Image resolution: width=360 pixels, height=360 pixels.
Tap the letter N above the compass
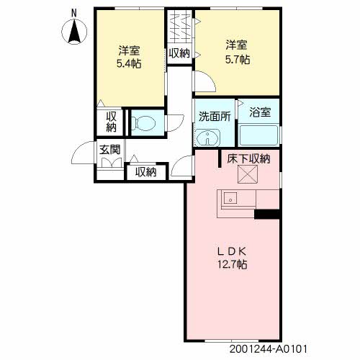tap(74, 12)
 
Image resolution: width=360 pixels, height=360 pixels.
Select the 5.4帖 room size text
tap(129, 63)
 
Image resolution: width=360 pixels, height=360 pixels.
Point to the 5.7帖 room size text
tap(237, 60)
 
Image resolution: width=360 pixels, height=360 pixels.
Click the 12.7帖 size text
tap(233, 264)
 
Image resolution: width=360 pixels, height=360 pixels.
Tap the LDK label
tap(233, 251)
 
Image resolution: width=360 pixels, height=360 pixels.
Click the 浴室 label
tap(259, 112)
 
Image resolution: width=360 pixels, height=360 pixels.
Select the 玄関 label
tap(109, 150)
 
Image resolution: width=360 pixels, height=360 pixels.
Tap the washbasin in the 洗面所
tap(210, 136)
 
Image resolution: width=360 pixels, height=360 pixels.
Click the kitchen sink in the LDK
tap(230, 197)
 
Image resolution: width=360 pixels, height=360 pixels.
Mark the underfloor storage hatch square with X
tap(248, 175)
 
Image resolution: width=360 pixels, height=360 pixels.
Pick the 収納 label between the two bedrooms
tap(179, 53)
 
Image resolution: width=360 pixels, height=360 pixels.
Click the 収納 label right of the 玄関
tap(145, 172)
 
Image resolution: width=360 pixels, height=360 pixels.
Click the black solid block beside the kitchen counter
tap(267, 213)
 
